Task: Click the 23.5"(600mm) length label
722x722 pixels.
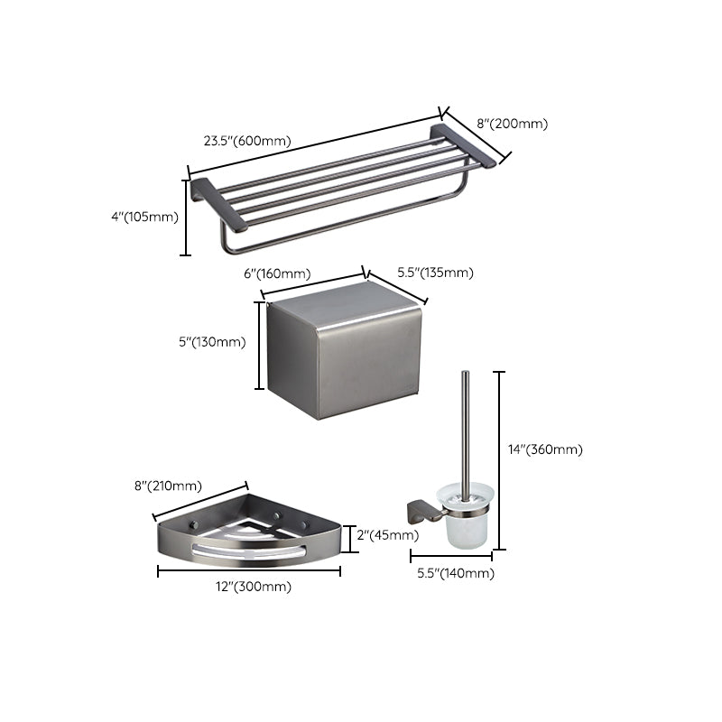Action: click(246, 141)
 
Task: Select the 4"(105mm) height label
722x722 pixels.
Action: click(144, 217)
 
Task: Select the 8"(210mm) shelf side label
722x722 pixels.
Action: click(167, 486)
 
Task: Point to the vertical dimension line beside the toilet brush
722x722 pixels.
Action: click(502, 460)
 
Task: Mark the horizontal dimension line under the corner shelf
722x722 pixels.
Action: click(248, 571)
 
